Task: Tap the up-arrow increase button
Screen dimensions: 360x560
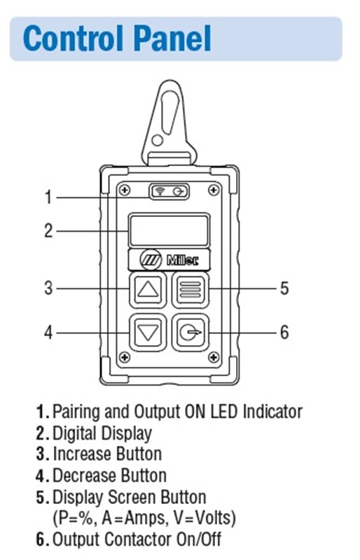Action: point(148,289)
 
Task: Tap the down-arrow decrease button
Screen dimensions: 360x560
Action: point(148,332)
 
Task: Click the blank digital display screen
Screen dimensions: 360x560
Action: point(169,230)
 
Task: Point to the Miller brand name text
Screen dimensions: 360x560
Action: point(183,260)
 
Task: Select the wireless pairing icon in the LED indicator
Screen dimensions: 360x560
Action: point(160,192)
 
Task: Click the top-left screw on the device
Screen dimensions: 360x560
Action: point(124,190)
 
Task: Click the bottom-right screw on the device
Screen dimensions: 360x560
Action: point(214,356)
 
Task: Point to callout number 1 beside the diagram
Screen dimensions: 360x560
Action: point(48,197)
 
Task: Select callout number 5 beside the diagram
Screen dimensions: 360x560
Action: point(284,288)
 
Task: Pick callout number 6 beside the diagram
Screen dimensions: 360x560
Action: point(284,332)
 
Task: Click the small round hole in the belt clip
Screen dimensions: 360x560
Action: point(157,140)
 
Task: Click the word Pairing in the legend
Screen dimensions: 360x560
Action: point(76,412)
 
